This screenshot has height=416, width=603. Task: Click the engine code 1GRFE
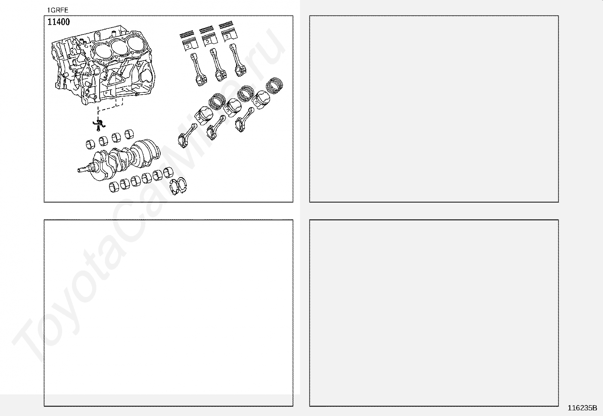point(58,10)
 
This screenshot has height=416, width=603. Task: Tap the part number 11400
point(58,22)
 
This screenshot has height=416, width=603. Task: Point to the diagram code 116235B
point(582,408)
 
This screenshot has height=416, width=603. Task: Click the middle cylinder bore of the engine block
point(119,48)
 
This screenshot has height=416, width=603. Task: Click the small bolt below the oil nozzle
point(98,129)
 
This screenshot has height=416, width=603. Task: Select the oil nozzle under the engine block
point(99,123)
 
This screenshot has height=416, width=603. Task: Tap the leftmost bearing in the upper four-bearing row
point(91,144)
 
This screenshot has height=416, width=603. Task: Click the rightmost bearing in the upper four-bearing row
point(129,134)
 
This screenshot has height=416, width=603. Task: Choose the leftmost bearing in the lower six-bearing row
point(114,187)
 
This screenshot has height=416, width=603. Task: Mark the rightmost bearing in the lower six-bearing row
point(168,172)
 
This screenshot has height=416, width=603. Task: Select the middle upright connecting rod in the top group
point(218,65)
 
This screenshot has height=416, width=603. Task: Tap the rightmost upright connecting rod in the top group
point(237,60)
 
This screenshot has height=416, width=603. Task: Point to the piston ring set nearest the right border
point(274,86)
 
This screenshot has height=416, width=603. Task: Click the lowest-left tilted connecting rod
point(187,136)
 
